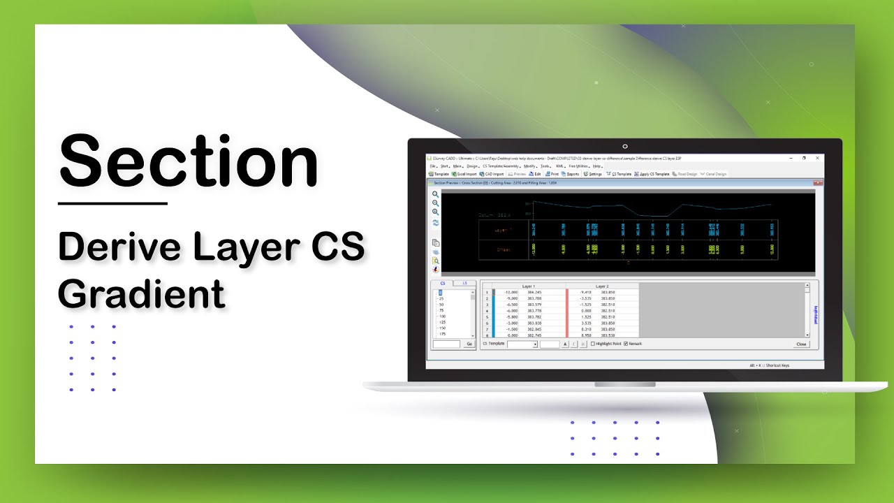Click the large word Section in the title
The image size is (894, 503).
point(189,163)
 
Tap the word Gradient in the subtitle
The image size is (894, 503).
point(142,293)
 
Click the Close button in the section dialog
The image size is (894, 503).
point(801,344)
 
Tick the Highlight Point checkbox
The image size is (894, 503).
point(593,344)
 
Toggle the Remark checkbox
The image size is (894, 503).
point(626,344)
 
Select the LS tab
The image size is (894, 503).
point(464,283)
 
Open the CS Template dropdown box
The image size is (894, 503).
point(522,344)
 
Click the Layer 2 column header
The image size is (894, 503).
point(603,286)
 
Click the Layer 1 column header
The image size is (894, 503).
point(529,286)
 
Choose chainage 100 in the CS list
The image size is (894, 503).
point(441,316)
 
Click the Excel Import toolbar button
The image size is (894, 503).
point(465,174)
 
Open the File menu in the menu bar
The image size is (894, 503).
point(432,166)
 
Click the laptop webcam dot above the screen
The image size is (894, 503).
point(624,147)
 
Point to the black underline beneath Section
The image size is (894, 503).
point(112,203)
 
